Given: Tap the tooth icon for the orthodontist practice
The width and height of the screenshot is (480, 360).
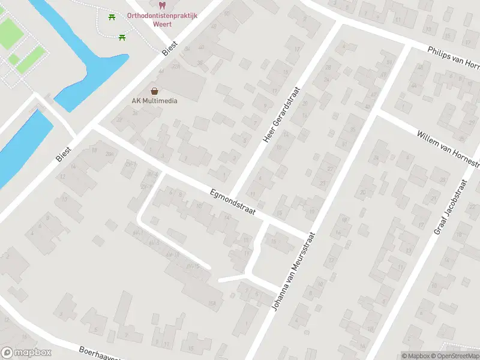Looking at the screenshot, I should pyautogui.click(x=163, y=5).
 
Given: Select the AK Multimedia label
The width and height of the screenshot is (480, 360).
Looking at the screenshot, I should pyautogui.click(x=155, y=100).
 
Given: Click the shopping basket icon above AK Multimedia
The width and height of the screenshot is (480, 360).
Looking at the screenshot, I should pyautogui.click(x=155, y=91).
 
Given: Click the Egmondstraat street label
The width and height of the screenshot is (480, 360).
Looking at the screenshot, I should pyautogui.click(x=233, y=202).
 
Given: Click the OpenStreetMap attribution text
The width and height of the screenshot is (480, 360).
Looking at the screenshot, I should pyautogui.click(x=455, y=356).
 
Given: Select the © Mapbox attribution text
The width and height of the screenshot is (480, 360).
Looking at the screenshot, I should pyautogui.click(x=416, y=356).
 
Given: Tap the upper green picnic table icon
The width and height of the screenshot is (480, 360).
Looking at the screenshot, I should pyautogui.click(x=112, y=17).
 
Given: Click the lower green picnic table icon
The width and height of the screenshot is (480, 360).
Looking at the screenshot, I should pyautogui.click(x=122, y=37).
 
